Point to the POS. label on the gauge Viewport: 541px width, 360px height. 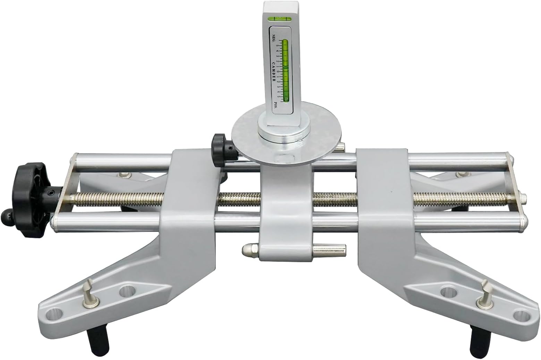275,105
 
